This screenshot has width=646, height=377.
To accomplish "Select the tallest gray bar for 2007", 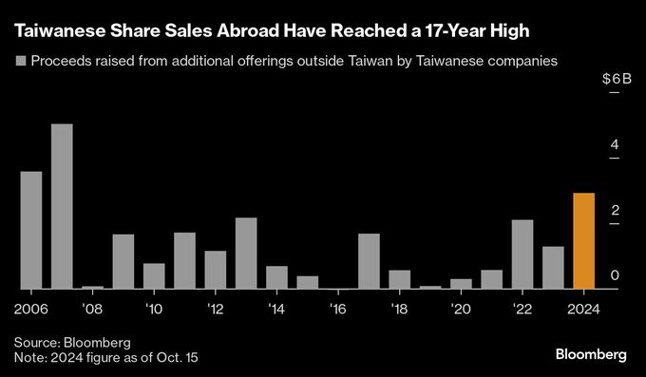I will coord(62,206).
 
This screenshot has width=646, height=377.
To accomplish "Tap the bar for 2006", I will coord(31,230).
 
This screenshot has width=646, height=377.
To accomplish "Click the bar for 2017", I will coord(369,261).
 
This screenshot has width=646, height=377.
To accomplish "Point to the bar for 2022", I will coord(522,254).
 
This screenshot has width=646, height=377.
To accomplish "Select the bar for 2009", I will coord(123,261).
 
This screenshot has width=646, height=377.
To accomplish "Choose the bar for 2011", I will coord(184,260).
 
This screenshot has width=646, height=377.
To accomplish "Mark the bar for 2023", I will coord(553,267).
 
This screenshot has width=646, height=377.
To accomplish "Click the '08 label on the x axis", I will coord(93,309).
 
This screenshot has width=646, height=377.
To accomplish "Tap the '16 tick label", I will coord(338,309).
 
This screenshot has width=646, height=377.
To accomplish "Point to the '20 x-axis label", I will coord(461,309).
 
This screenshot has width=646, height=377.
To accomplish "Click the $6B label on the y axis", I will coord(617,81).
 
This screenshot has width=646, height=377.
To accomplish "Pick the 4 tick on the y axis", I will coord(615,145).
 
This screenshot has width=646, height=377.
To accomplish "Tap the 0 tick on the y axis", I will coord(615,275).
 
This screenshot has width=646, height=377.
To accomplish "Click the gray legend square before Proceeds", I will coord(21,61).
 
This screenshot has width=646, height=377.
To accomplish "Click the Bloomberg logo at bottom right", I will coord(591,354).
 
